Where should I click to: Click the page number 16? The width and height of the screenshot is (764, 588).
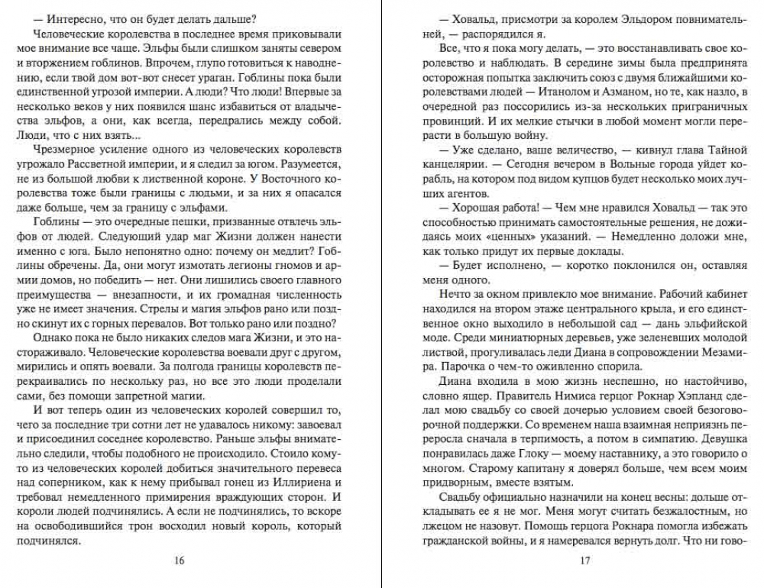tap(179, 561)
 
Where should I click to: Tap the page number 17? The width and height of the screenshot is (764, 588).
tap(586, 561)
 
